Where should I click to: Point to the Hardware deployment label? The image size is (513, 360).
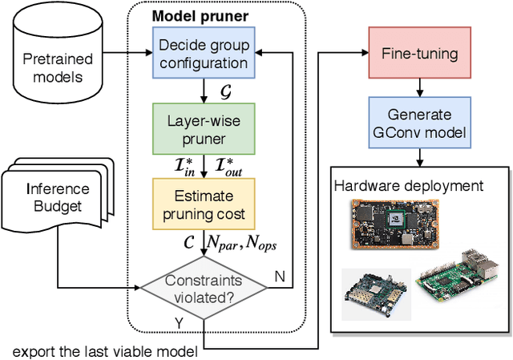(x=409, y=186)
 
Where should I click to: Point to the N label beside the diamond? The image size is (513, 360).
(x=280, y=277)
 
